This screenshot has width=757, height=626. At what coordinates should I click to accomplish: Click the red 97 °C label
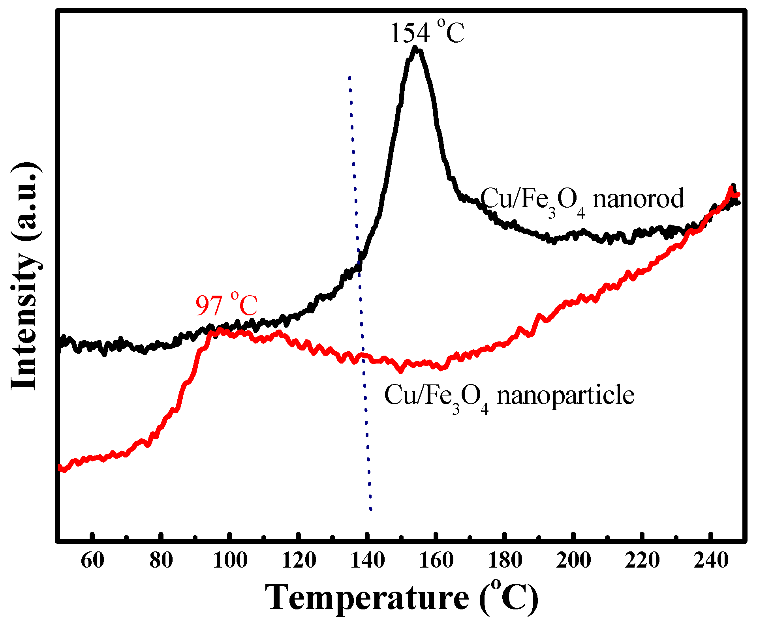[x=226, y=306]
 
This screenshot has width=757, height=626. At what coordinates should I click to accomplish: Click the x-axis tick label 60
[x=92, y=560]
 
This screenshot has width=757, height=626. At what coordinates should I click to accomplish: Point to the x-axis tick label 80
[x=161, y=560]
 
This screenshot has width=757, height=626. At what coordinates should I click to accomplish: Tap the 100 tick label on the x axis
[x=230, y=560]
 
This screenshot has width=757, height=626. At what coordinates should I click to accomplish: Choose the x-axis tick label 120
[x=299, y=560]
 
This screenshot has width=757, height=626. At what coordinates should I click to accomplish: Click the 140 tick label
[x=367, y=560]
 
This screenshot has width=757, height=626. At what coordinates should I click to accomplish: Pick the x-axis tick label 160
[x=436, y=560]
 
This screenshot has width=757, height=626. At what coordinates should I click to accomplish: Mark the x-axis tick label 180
[x=505, y=560]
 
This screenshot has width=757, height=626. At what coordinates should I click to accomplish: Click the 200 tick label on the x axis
[x=573, y=560]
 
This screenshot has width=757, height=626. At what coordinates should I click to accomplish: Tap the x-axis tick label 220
[x=642, y=560]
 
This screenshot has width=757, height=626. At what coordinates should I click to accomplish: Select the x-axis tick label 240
[x=711, y=560]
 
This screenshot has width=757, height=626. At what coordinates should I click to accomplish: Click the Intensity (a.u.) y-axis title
[x=26, y=276]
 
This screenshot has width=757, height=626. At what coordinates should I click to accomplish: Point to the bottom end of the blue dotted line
[x=370, y=509]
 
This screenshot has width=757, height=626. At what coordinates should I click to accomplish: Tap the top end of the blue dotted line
[x=349, y=77]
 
